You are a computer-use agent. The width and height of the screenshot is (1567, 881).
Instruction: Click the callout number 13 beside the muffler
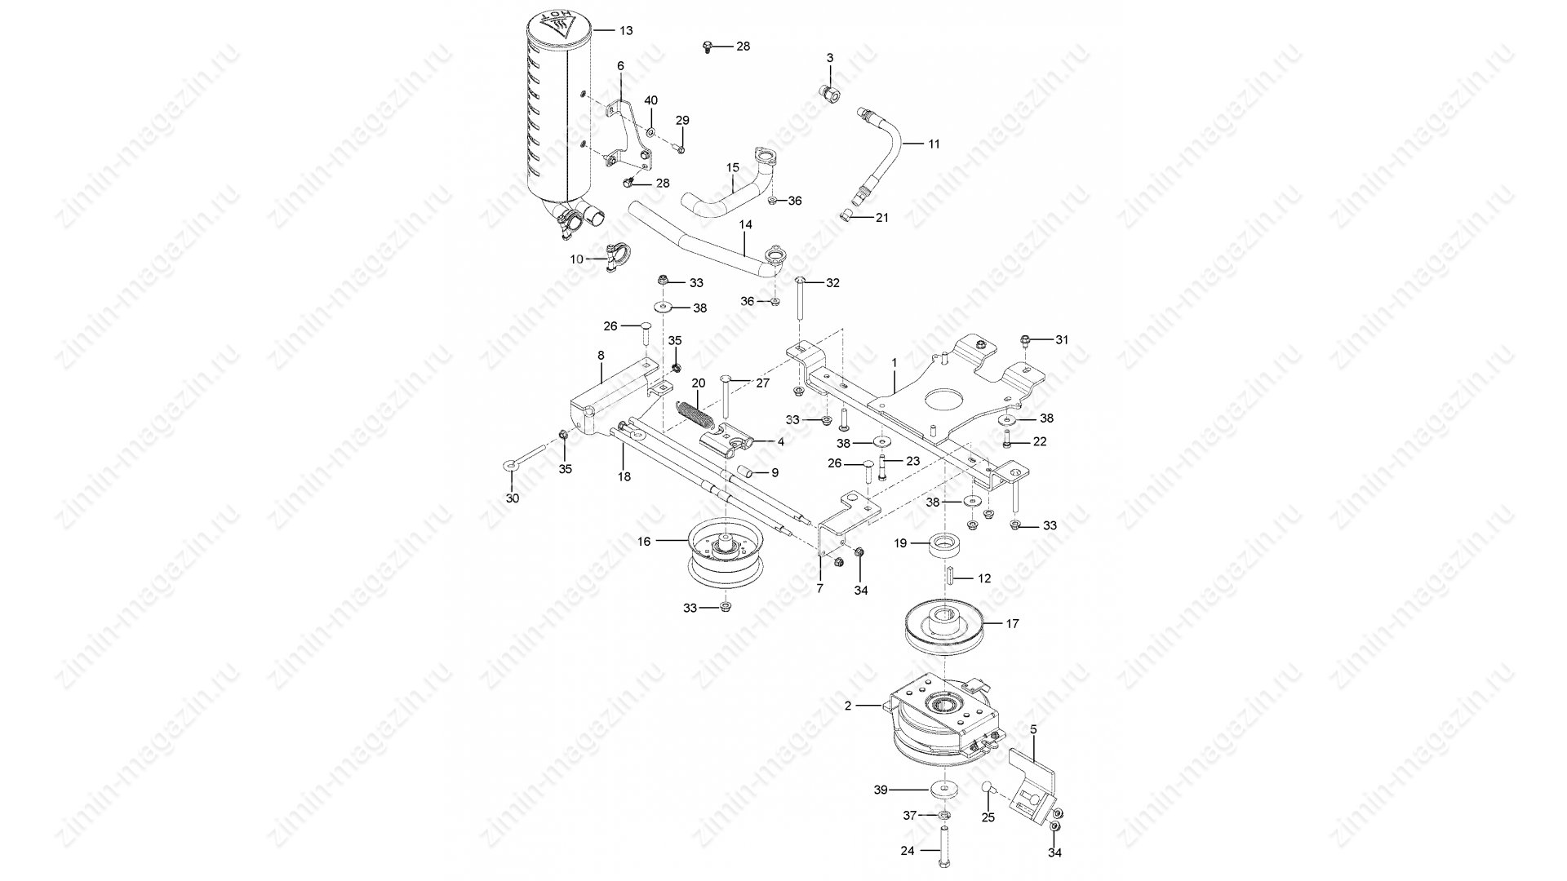(625, 31)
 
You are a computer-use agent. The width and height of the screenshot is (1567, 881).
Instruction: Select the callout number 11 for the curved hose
(934, 144)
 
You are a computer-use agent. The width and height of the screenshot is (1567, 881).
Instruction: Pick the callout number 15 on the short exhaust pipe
(733, 168)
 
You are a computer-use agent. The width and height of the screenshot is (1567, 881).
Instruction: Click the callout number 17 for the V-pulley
(1013, 624)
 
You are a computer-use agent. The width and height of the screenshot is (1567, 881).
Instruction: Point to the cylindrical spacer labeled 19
(947, 545)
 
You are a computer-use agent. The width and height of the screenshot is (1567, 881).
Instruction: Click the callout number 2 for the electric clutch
(848, 706)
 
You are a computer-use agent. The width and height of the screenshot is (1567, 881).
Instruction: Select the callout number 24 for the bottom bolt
(908, 850)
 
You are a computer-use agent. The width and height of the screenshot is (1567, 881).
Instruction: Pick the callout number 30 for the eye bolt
(513, 498)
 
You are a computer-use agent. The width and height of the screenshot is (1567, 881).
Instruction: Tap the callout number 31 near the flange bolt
(1061, 339)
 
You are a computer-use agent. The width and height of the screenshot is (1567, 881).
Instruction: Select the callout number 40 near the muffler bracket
(650, 100)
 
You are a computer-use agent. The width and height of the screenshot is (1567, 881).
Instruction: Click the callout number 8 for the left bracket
(601, 356)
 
